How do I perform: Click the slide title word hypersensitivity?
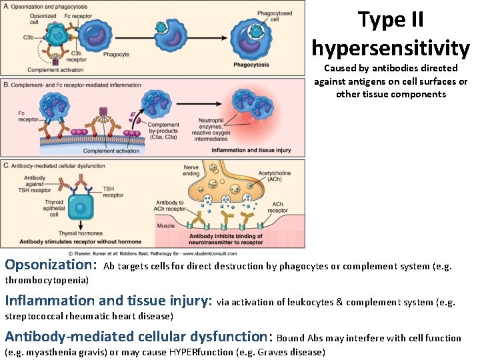pos(390,47)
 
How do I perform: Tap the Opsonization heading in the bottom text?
pos(51,266)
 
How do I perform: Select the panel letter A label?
pos(6,6)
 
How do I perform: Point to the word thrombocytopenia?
pos(46,281)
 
